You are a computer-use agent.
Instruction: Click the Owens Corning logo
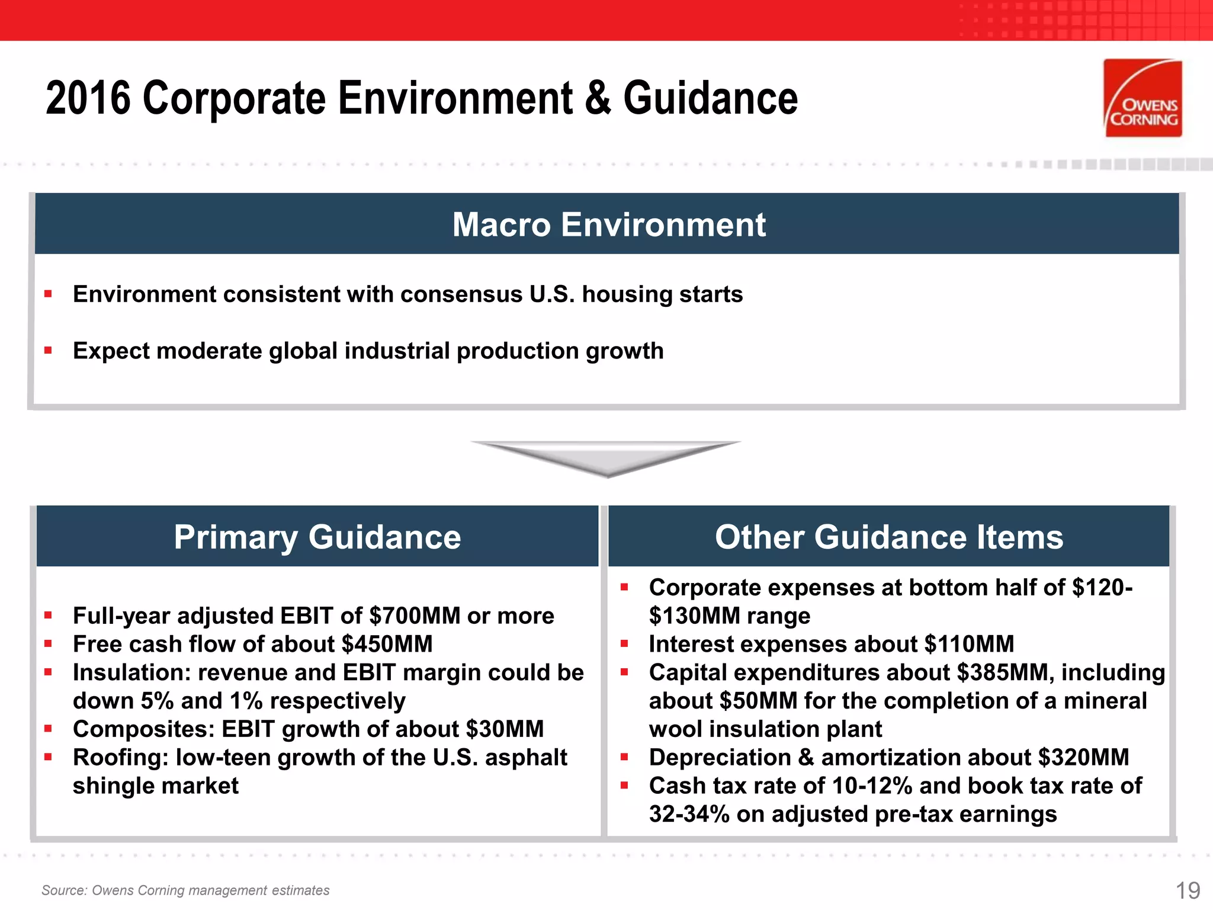1143,98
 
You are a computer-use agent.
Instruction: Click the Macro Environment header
608,225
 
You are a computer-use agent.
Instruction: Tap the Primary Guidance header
317,537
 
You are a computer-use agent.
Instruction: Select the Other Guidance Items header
888,537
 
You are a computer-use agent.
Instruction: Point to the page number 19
1187,890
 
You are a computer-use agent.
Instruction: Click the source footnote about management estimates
185,890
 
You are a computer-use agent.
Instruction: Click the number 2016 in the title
88,98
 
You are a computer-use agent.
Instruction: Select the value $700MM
414,616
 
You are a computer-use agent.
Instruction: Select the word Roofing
120,758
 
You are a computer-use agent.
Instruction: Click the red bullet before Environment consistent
48,293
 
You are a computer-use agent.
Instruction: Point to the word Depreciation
720,757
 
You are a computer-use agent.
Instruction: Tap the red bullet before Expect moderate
48,350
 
